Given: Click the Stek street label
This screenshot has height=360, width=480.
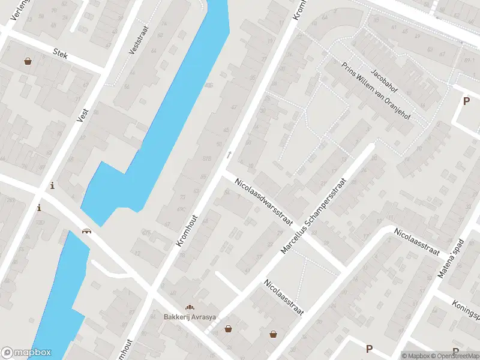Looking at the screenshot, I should [x=61, y=53].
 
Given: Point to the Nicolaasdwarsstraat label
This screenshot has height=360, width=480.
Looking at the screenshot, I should [x=263, y=202].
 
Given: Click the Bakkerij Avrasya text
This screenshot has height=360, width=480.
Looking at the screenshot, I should [x=190, y=317].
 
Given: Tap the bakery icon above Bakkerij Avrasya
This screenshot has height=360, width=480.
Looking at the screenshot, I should [x=190, y=307].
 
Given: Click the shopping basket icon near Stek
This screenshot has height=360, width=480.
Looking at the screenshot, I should [x=28, y=61].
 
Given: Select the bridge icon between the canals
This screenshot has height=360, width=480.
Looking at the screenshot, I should [x=87, y=230].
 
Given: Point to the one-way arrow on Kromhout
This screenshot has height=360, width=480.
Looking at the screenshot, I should [x=229, y=155].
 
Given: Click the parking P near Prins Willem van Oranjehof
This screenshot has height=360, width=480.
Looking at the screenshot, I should [x=466, y=101].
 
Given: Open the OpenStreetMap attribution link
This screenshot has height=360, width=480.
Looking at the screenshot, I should [x=454, y=356].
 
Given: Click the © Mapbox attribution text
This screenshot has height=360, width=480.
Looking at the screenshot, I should [x=418, y=356].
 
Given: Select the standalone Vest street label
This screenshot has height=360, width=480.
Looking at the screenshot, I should [x=82, y=115].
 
